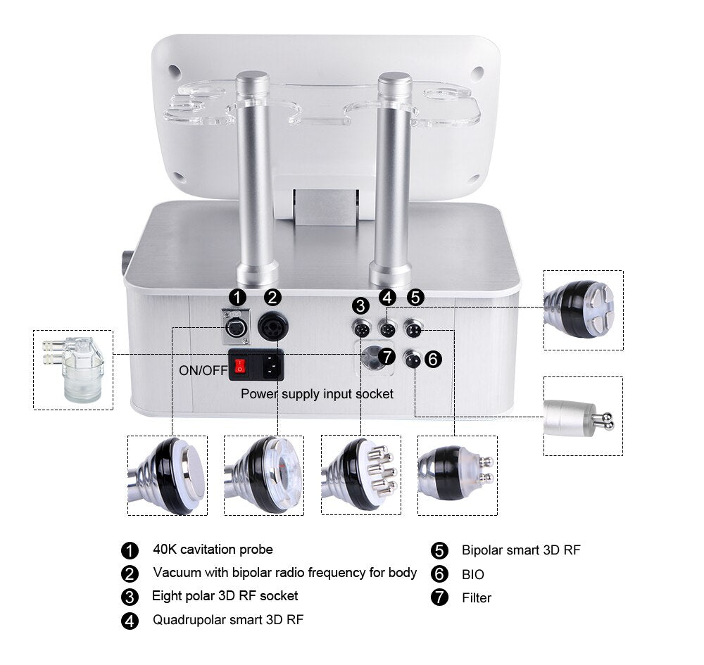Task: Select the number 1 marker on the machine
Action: [239, 298]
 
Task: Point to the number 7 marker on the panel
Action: [386, 356]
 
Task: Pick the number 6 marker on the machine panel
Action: [434, 360]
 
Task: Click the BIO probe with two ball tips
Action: [583, 416]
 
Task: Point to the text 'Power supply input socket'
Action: [317, 394]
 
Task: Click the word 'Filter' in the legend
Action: [477, 598]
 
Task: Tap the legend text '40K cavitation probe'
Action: [213, 550]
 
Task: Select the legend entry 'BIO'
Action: [473, 575]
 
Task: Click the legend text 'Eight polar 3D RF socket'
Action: [225, 596]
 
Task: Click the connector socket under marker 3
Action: [361, 328]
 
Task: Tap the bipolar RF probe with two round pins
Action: [457, 475]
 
